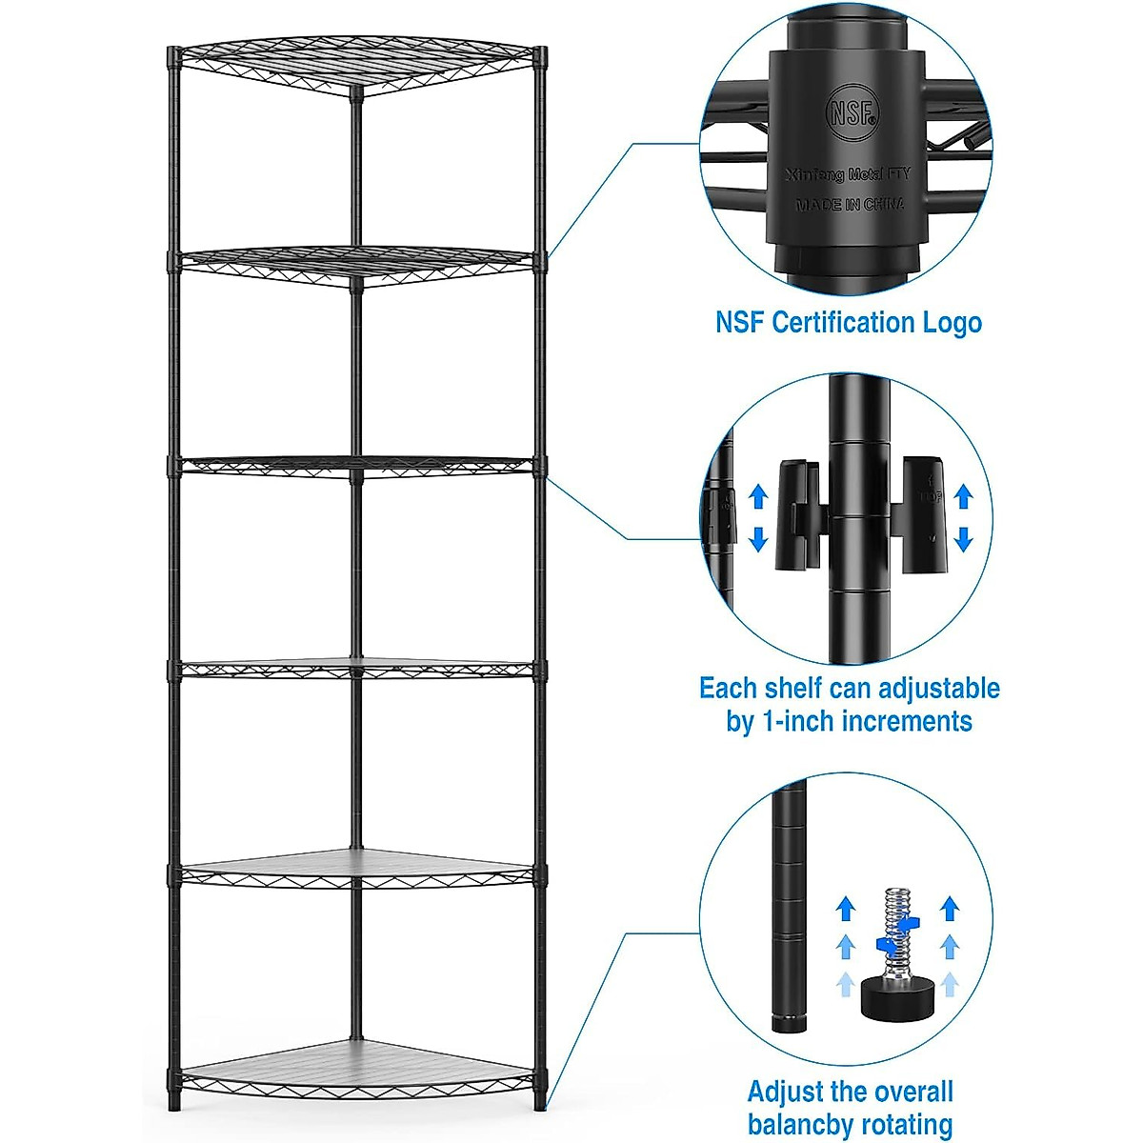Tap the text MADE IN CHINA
tap(850, 204)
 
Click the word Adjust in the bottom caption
tap(784, 1092)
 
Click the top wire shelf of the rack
tap(357, 67)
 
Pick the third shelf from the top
tap(357, 464)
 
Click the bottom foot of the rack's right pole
tap(540, 1102)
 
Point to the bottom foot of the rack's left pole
tap(173, 1102)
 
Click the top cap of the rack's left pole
tap(173, 55)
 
